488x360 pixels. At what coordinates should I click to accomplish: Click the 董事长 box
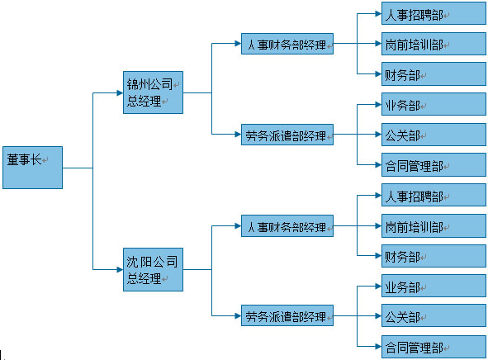pos(32,168)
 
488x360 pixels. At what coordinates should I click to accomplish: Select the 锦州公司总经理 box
pos(153,92)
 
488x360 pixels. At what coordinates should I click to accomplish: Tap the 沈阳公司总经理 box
pos(153,269)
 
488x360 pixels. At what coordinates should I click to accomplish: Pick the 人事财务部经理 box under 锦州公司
pos(287,44)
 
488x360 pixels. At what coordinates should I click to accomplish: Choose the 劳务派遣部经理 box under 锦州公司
pos(287,135)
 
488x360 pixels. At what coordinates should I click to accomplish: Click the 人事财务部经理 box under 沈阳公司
pos(287,226)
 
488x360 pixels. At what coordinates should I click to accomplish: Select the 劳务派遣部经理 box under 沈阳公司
pos(287,315)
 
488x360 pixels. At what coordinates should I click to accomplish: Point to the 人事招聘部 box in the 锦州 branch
pos(434,13)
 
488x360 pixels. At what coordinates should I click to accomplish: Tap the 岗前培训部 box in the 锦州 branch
pos(434,44)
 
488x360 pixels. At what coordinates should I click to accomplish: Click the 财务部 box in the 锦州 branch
pos(434,73)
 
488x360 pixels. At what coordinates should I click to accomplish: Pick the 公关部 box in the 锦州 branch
pos(434,135)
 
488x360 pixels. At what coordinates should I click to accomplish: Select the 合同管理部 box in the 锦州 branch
pos(434,164)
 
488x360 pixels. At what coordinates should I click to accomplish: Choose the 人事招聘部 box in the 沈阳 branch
pos(434,195)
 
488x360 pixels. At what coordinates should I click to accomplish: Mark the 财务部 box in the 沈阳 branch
pos(434,256)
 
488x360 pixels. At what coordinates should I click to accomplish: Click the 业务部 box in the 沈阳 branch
pos(434,286)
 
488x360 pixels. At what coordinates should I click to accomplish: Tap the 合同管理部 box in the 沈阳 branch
pos(434,347)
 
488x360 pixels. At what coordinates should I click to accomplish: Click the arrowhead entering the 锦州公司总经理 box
pos(120,92)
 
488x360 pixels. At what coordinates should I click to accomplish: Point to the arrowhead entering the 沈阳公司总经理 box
pos(120,269)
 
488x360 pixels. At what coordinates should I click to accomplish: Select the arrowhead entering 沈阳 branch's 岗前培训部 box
pos(378,226)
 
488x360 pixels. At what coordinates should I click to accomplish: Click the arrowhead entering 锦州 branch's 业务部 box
pos(378,105)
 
